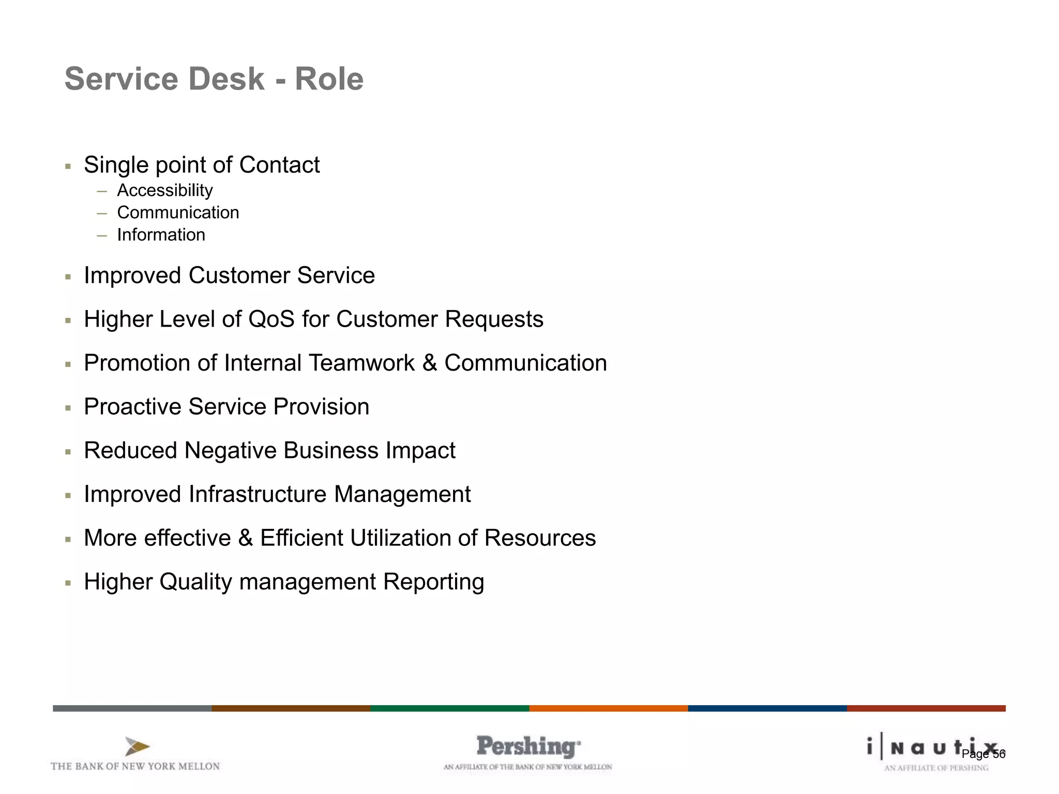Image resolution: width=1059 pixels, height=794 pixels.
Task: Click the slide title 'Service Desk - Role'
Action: point(214,79)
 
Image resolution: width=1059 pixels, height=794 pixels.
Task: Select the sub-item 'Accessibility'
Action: point(164,190)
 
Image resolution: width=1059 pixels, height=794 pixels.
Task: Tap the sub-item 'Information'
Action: point(161,235)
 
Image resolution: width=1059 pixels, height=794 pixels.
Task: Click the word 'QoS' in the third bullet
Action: point(271,319)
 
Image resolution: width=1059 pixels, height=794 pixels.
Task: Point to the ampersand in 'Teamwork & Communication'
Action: point(430,363)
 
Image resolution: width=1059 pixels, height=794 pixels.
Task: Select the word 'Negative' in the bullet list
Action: point(230,450)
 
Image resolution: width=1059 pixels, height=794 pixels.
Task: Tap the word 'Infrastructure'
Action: point(258,494)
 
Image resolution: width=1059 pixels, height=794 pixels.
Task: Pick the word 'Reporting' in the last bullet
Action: point(433,582)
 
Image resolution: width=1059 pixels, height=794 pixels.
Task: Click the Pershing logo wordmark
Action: point(528,747)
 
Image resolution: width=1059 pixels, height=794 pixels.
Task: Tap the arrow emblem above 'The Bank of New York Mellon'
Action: point(137,746)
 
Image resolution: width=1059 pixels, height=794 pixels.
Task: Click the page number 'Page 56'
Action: point(983,754)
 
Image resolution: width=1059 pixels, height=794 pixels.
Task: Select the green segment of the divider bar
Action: point(449,708)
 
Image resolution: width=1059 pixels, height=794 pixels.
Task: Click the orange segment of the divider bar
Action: point(608,708)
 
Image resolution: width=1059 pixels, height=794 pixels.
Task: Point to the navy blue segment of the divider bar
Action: point(767,708)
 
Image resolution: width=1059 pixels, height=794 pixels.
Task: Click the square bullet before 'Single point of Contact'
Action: point(68,166)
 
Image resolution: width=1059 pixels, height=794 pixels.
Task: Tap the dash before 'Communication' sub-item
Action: point(102,213)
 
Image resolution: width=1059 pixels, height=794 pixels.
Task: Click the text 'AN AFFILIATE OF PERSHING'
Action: point(936,768)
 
